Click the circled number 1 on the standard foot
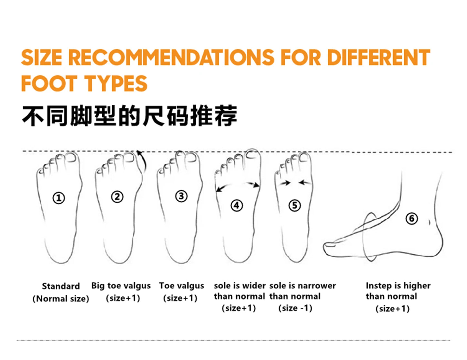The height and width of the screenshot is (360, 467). pos(59,198)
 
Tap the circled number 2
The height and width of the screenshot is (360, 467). pos(117,196)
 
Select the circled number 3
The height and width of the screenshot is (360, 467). pos(181,196)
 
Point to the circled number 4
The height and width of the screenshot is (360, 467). pos(237,205)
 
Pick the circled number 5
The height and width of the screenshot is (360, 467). pos(294,205)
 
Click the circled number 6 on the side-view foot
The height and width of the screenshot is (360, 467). pos(411,218)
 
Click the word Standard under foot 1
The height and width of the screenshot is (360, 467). pos(61,286)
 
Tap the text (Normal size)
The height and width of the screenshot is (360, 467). pos(61,299)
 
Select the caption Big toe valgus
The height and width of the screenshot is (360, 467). pos(121,286)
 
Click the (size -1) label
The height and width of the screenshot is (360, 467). pos(295,308)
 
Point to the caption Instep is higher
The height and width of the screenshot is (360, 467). pos(398,286)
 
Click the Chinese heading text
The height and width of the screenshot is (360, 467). pos(129,116)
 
